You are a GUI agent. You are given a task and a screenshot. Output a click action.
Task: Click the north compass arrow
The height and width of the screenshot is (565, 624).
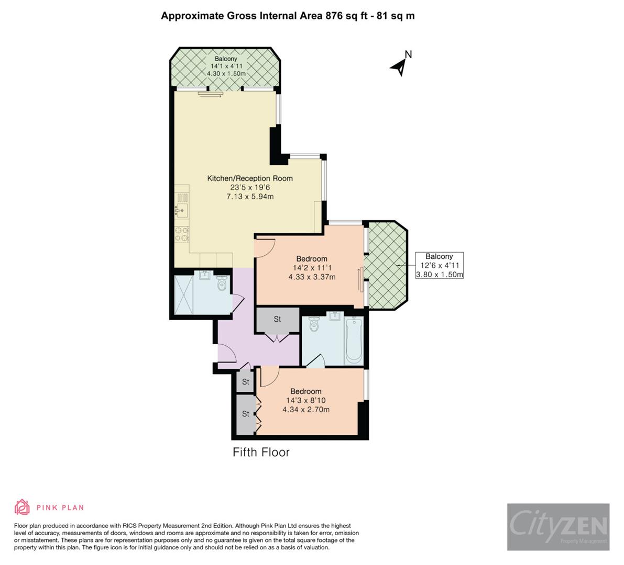(400, 65)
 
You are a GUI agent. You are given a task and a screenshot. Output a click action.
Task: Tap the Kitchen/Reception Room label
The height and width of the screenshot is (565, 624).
(250, 178)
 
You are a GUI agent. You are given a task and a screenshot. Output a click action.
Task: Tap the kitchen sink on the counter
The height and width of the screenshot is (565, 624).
(181, 211)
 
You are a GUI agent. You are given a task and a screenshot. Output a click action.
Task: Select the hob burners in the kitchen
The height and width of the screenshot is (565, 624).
(182, 234)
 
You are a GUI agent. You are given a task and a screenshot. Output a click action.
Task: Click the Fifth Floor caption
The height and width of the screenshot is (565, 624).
(261, 452)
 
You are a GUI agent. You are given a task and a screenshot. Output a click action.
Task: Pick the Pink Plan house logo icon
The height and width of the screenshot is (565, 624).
(22, 507)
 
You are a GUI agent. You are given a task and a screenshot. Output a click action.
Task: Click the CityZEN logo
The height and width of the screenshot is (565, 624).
(558, 526)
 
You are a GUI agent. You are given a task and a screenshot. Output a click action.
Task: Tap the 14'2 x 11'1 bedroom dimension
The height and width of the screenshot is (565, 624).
(312, 268)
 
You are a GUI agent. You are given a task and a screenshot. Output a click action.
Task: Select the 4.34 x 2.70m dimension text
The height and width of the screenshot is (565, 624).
(306, 410)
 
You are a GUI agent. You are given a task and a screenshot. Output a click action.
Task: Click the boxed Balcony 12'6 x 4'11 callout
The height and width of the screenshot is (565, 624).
(439, 265)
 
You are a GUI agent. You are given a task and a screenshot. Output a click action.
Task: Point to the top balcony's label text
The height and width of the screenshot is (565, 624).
(226, 59)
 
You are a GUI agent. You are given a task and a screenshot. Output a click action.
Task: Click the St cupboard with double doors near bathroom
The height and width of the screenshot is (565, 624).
(277, 319)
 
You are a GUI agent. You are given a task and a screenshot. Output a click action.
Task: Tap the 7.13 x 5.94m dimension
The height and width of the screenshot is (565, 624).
(250, 197)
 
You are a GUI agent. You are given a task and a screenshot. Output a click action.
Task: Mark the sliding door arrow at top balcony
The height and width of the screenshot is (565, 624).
(211, 94)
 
